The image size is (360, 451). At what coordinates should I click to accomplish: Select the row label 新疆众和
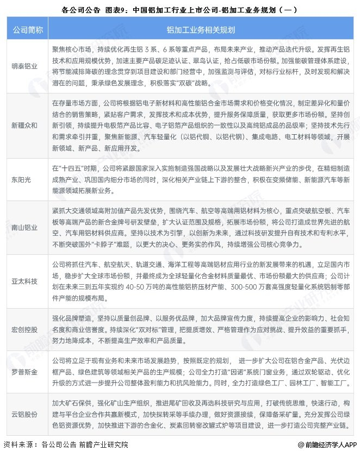24,125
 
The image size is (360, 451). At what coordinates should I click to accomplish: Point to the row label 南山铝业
24,227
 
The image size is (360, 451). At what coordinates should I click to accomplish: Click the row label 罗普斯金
24,371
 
